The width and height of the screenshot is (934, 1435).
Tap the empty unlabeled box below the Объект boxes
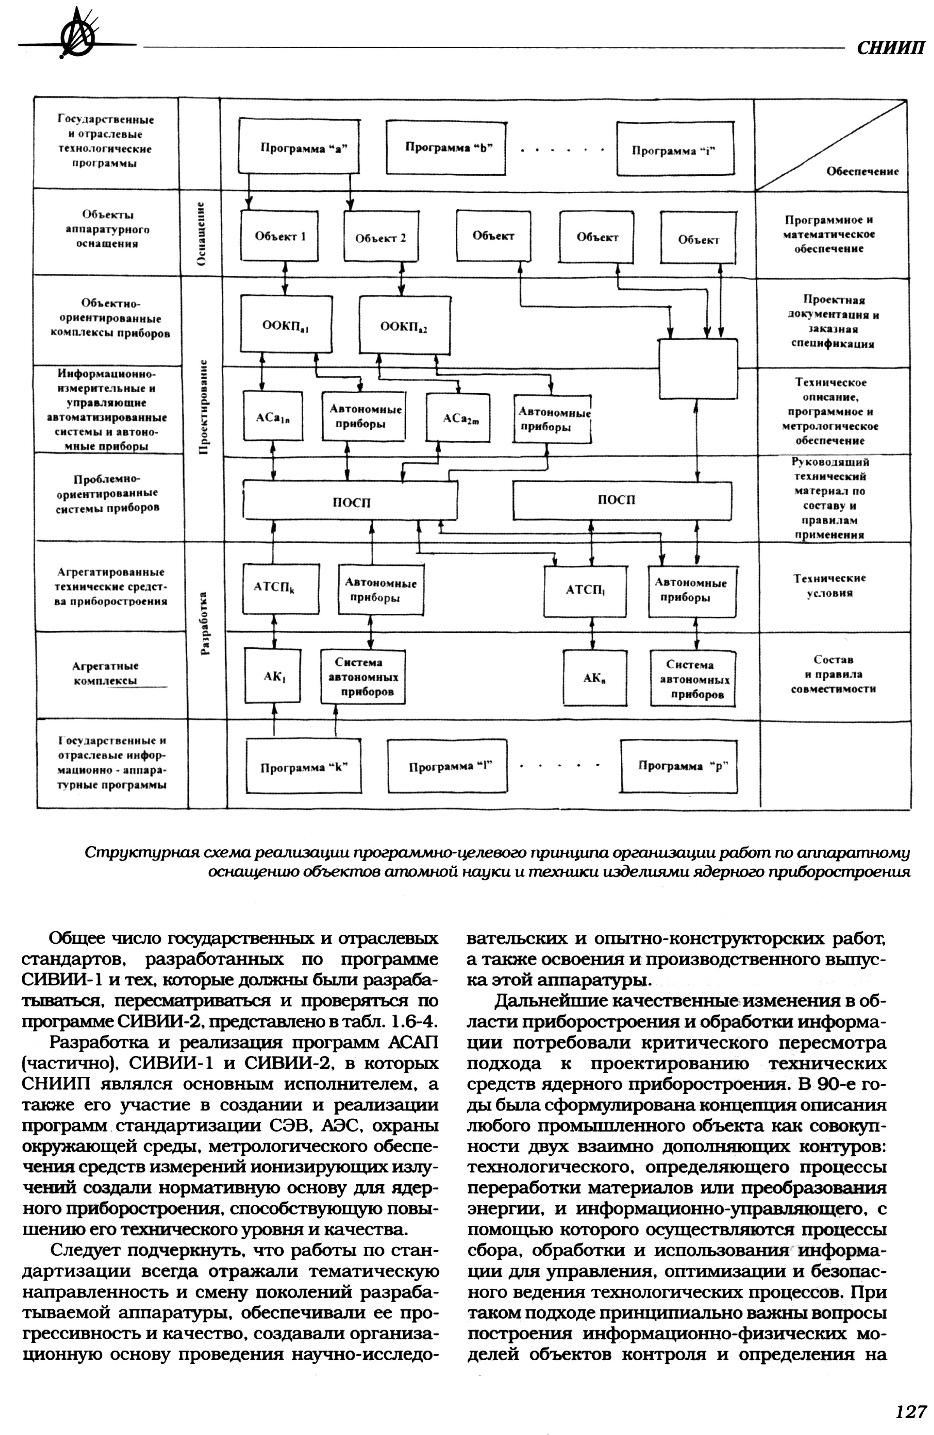point(697,366)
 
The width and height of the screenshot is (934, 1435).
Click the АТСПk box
point(273,588)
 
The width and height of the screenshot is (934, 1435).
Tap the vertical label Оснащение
point(202,233)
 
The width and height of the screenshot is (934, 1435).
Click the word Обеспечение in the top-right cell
point(862,171)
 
